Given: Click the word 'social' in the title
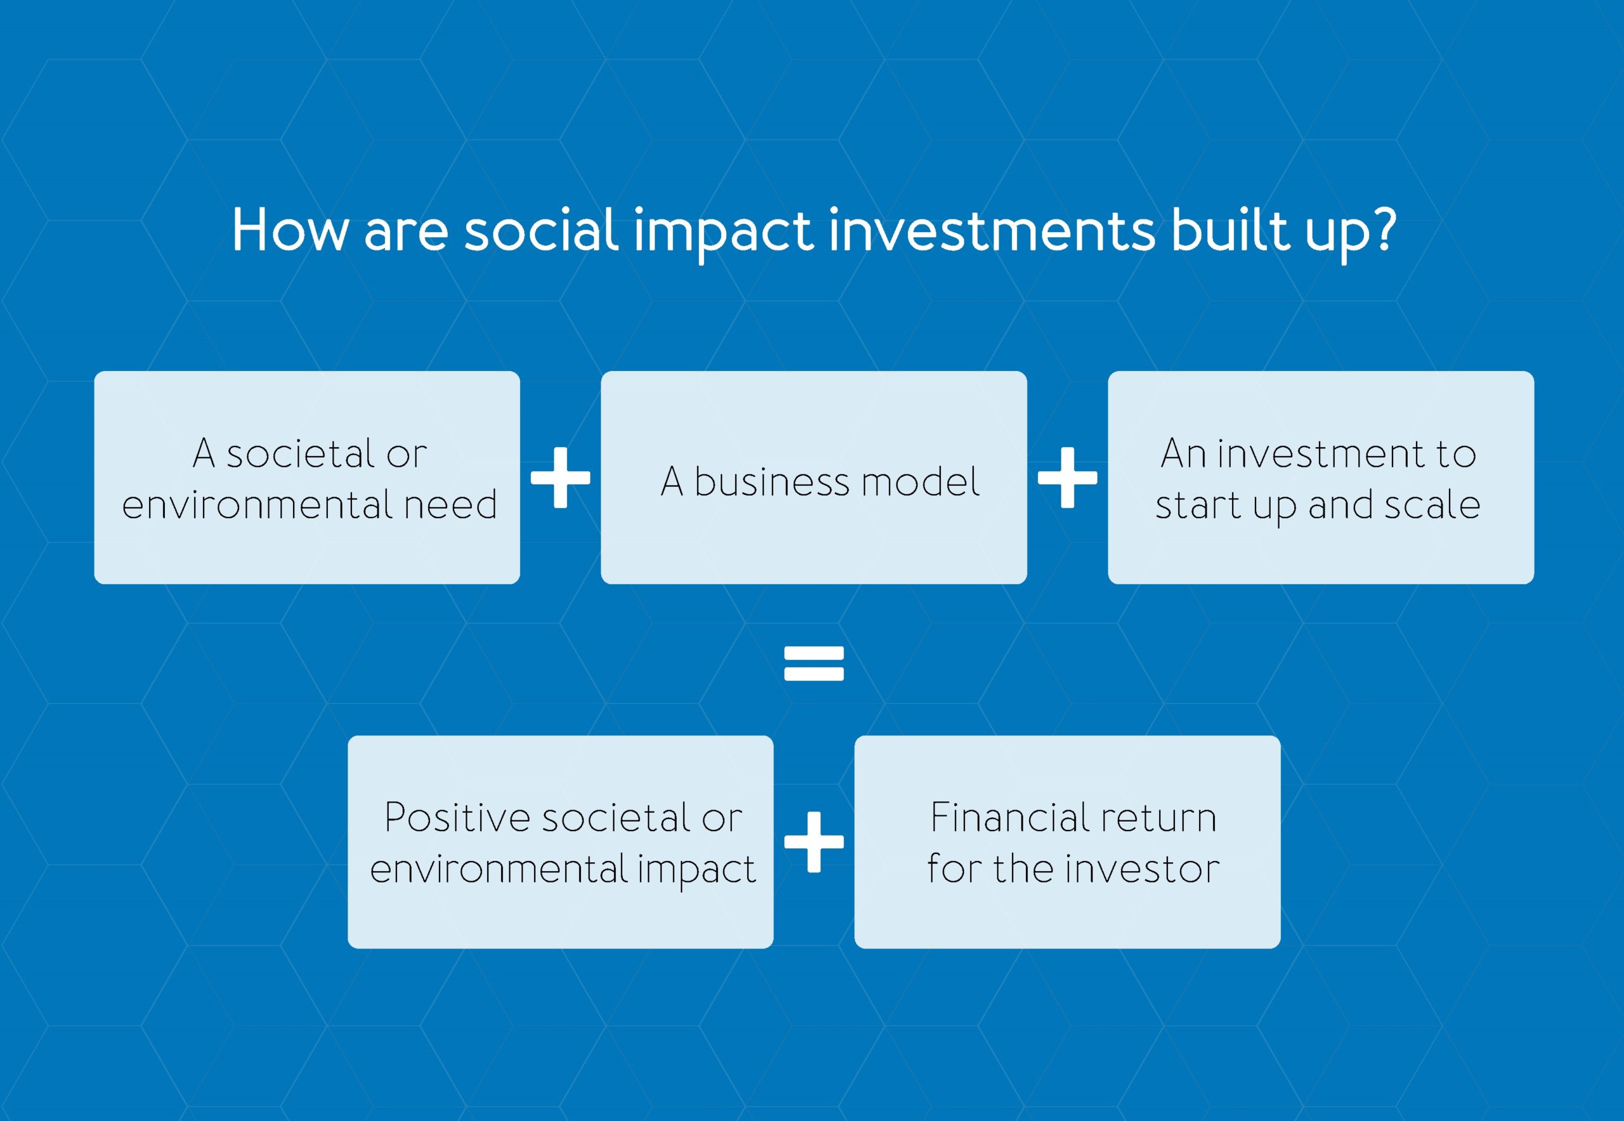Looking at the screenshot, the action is pos(541,230).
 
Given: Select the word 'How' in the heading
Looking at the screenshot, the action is pos(289,230).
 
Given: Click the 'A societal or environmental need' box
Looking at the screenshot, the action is pos(307,478).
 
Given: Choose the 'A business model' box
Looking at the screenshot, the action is pos(814,478).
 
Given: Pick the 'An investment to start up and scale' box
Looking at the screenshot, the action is pos(1321,478).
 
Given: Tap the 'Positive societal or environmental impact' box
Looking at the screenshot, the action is pos(561,842).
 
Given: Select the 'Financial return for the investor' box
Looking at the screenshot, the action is pos(1068,842).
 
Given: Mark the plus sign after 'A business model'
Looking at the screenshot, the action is pos(1068,478).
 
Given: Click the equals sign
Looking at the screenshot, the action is pos(814,664).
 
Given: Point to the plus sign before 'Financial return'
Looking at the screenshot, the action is pos(814,842).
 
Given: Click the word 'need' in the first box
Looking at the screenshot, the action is pos(451,505).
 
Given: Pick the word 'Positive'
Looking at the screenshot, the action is pos(457,818).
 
